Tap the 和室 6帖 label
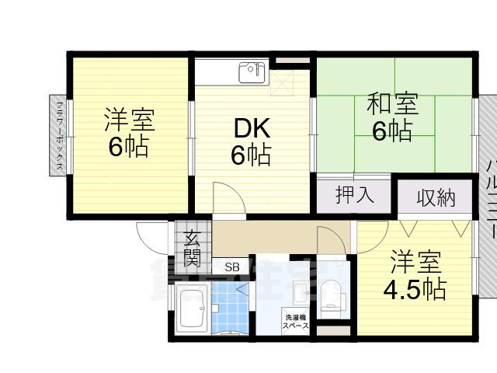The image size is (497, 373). tap(392, 117)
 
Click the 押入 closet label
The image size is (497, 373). tap(354, 193)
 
